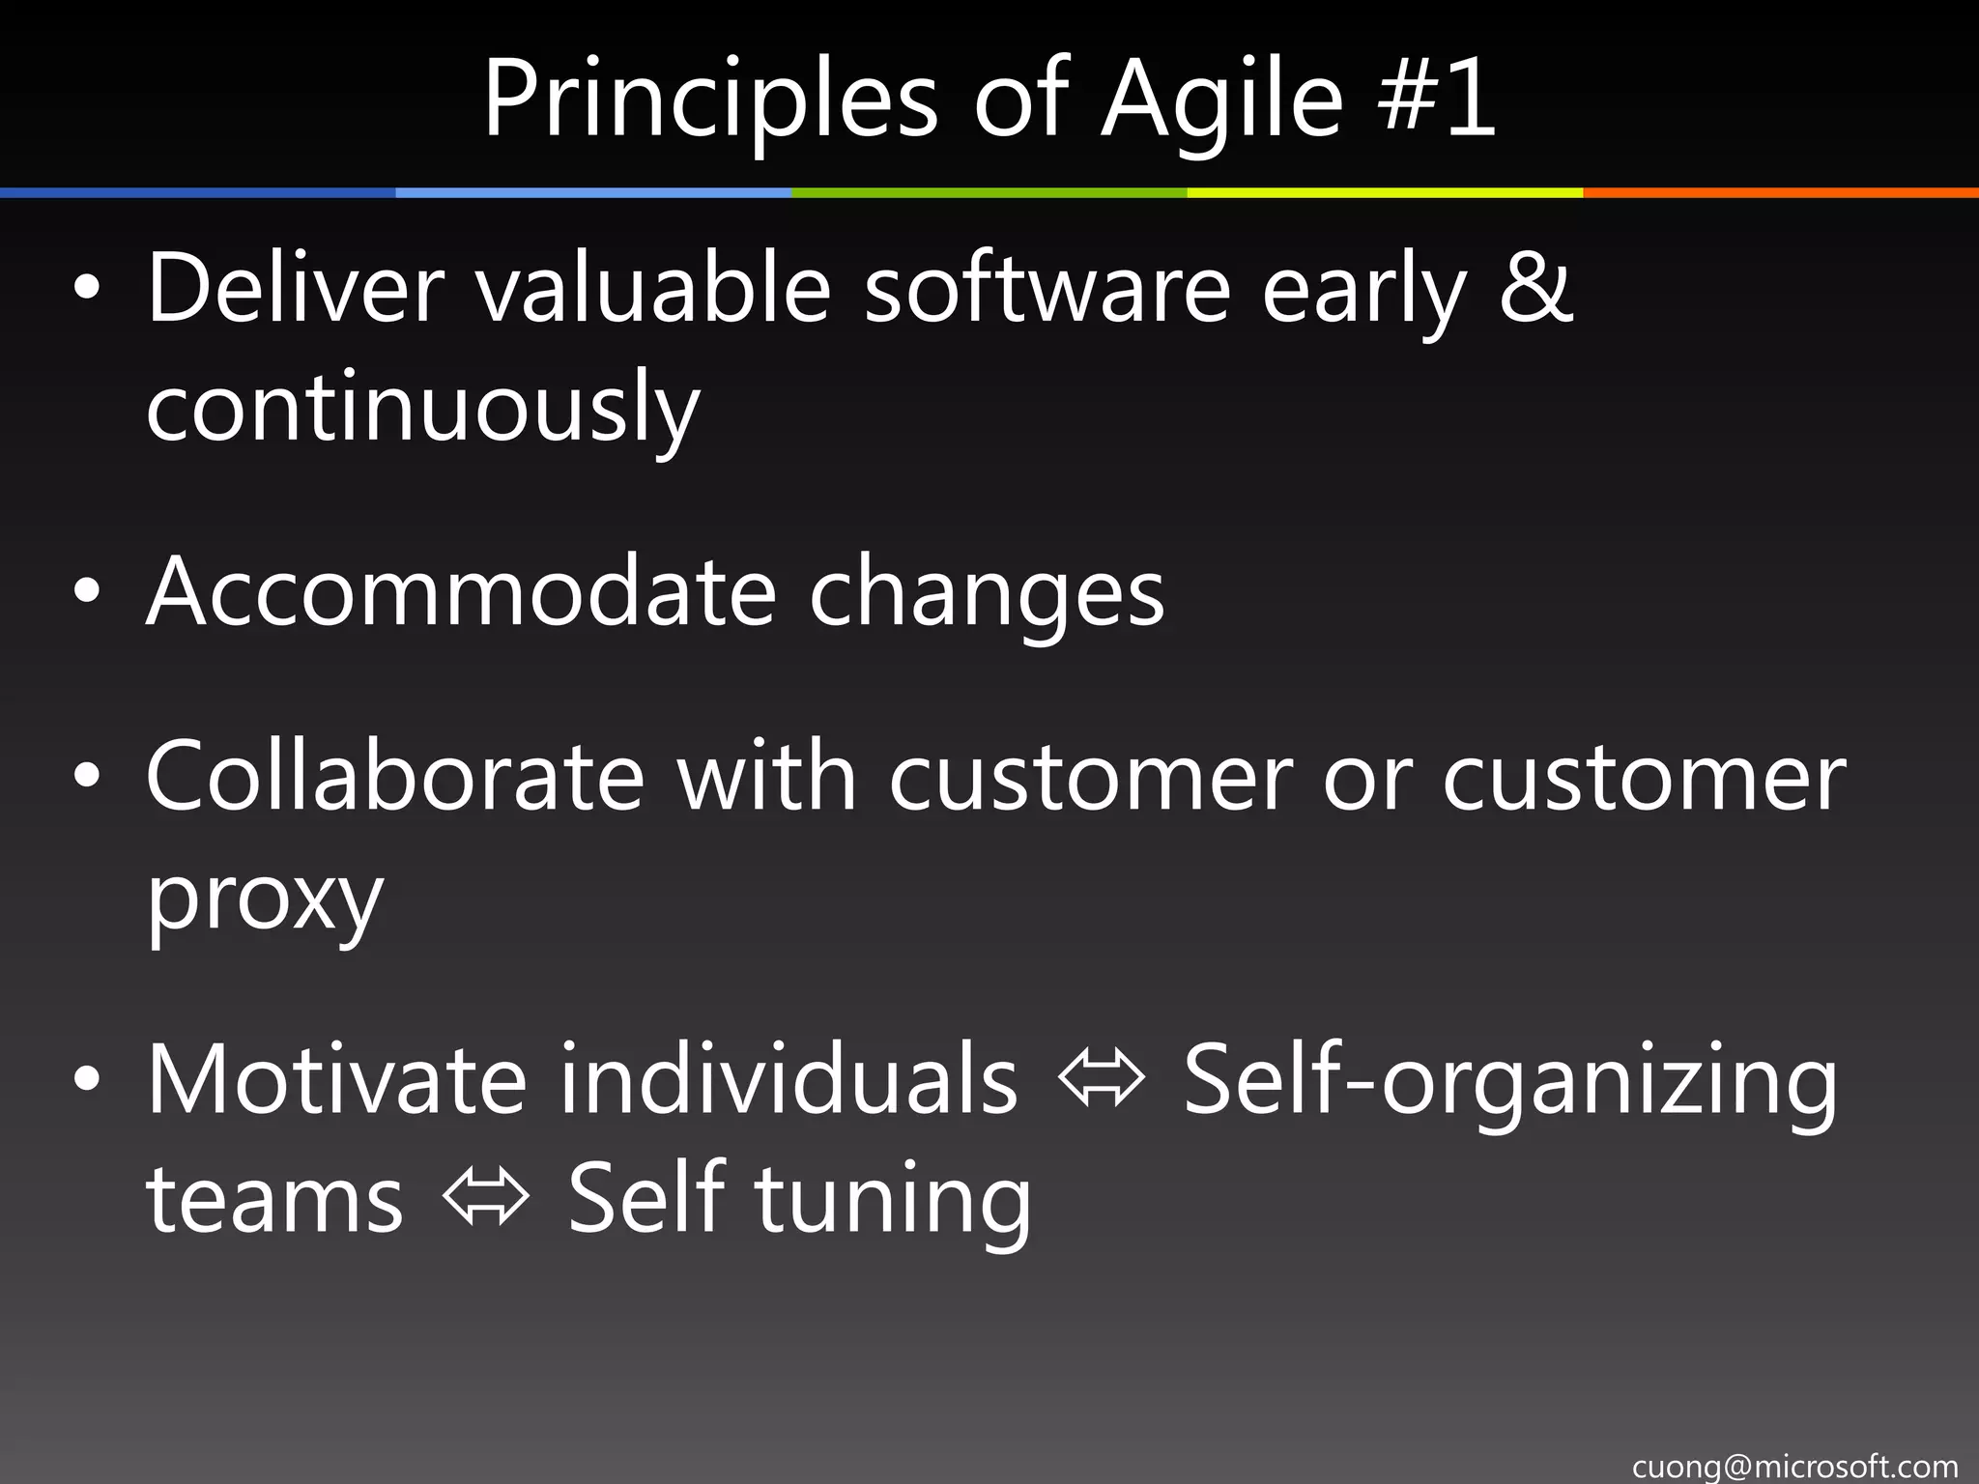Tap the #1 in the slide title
pos(1437,98)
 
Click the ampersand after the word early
pos(1535,286)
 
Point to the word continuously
pos(422,408)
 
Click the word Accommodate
pos(461,590)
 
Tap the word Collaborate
pos(394,776)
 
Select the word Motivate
pos(336,1078)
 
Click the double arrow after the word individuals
pos(1101,1080)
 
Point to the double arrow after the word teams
pos(485,1199)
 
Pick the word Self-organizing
pos(1509,1080)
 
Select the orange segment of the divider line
pos(1780,193)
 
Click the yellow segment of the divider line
pos(1384,193)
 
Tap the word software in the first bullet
pos(1047,287)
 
